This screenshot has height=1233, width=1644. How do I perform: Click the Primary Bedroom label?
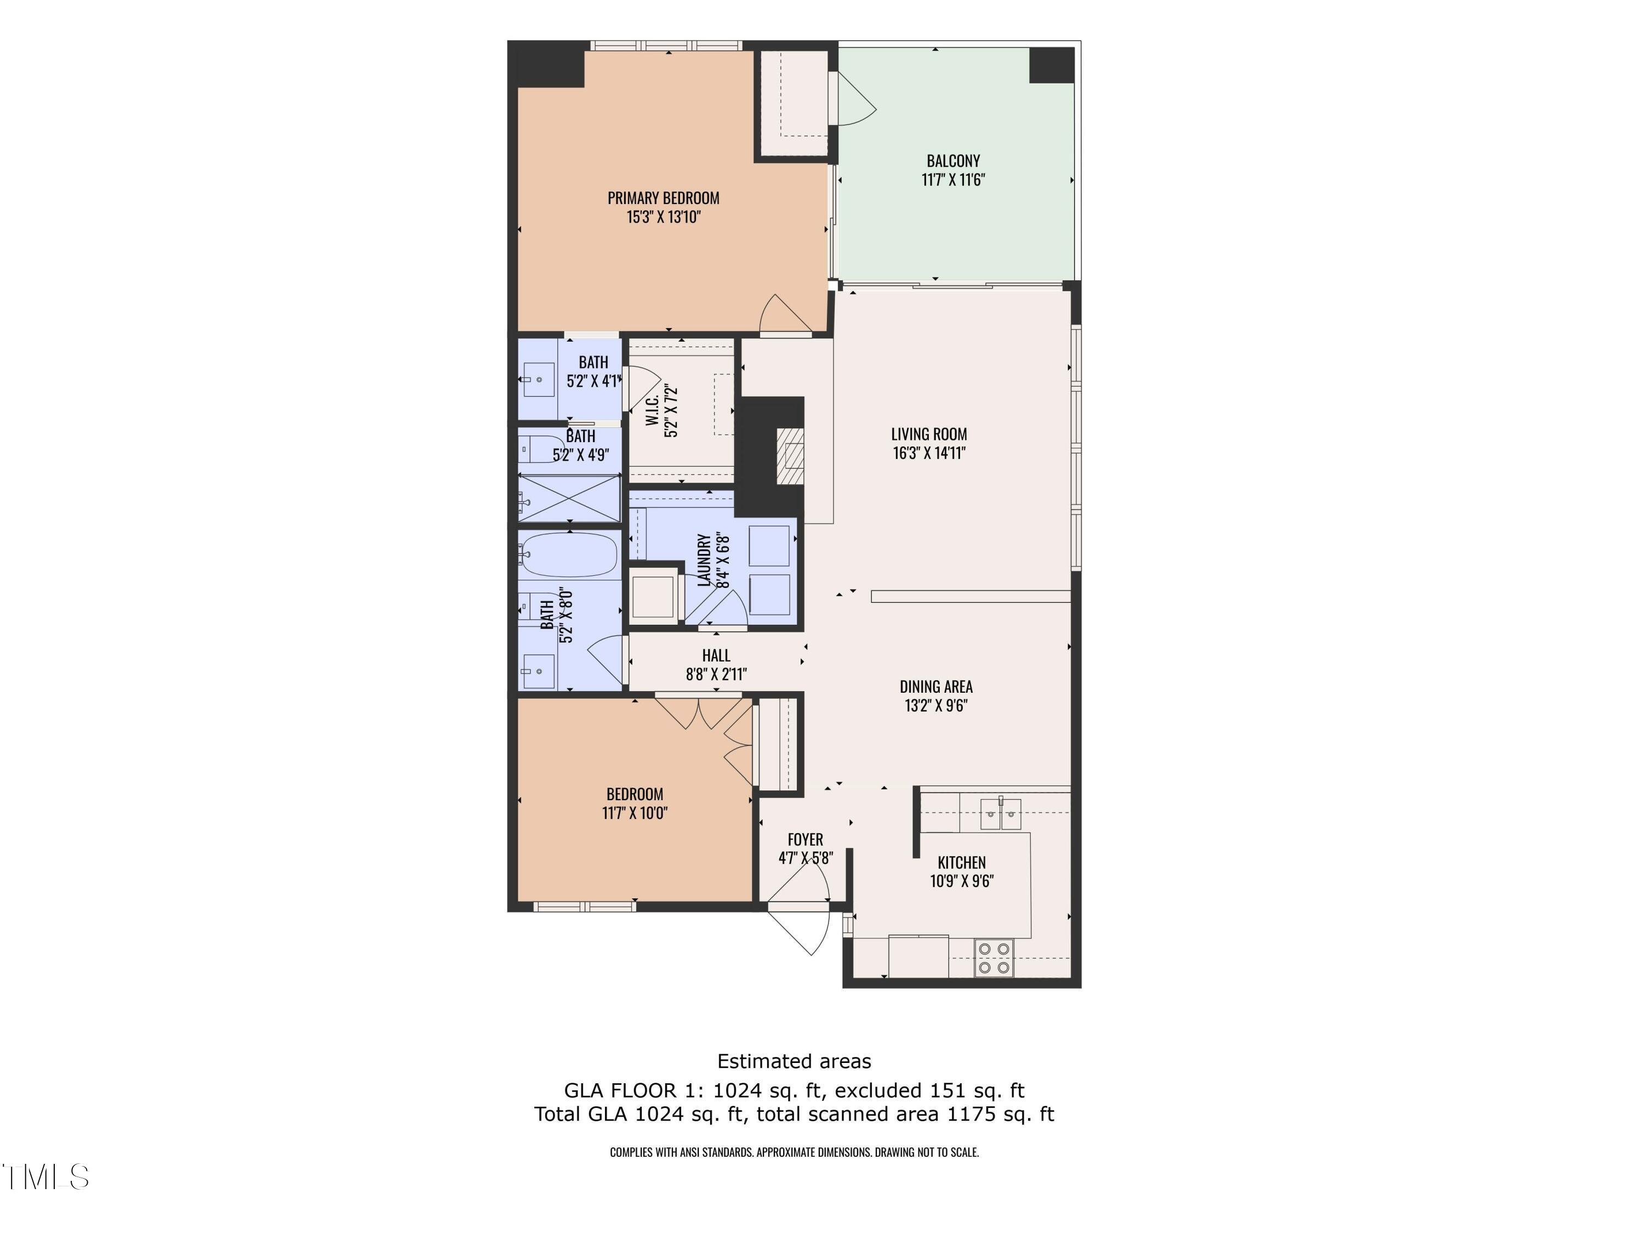(x=663, y=199)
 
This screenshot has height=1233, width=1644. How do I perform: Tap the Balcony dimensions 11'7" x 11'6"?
(x=953, y=180)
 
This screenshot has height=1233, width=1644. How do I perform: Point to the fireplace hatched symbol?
(x=791, y=456)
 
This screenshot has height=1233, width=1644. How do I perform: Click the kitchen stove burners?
(x=994, y=958)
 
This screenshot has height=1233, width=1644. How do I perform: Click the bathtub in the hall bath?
(x=569, y=555)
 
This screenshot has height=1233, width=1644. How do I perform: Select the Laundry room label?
(x=703, y=560)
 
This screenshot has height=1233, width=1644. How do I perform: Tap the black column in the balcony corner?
(x=1051, y=65)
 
